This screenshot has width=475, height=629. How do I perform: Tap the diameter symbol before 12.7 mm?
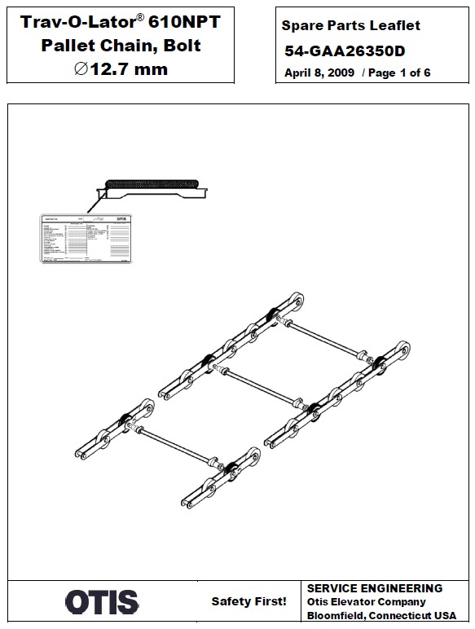pos(80,69)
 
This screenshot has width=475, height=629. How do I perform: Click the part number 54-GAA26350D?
pos(345,51)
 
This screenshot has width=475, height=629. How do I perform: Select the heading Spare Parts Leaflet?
pos(350,26)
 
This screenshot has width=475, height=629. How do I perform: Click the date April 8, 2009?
pos(319,73)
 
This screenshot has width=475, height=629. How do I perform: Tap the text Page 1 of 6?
pos(402,73)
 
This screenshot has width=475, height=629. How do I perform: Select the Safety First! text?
pos(248,602)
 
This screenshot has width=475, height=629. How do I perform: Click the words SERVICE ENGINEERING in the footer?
pos(374,588)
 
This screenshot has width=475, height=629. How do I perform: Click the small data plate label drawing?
pos(86,240)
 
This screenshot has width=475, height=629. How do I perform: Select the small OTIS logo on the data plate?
pos(121,220)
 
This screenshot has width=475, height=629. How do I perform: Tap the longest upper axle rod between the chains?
pos(323,337)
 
